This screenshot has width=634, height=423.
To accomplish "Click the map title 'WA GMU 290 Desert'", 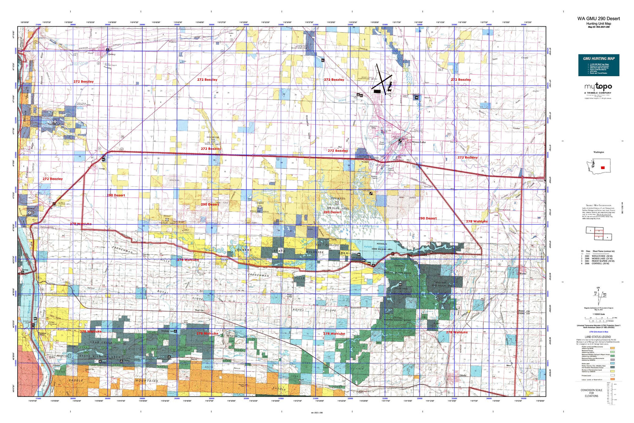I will pos(598,19).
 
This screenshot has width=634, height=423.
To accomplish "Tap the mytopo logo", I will pos(598,87).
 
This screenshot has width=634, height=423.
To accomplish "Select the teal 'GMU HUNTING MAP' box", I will pos(598,65).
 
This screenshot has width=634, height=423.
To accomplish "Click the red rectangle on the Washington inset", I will pos(602,168).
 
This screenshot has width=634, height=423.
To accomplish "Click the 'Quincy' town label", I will pos(112,54).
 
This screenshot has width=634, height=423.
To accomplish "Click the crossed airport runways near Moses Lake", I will pos(382,78).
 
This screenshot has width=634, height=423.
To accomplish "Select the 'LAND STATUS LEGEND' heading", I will pos(598,337).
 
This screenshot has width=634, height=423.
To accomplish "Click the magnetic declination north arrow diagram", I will pos(598,294).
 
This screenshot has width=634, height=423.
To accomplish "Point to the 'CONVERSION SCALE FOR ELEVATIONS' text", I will pos(591,393).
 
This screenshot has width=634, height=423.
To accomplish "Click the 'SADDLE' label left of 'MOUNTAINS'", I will pos(77,380).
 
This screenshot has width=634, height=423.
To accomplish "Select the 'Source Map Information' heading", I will pos(598,205).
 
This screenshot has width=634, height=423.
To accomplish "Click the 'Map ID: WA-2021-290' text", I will pos(598,27).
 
